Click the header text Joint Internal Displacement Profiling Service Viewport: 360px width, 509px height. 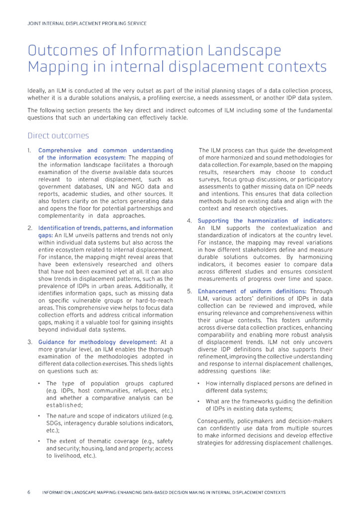[x=87, y=23]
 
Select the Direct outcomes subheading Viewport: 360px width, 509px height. [x=58, y=136]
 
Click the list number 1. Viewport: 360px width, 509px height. [x=29, y=151]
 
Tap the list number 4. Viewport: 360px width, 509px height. [x=189, y=221]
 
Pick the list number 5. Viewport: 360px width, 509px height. [x=189, y=291]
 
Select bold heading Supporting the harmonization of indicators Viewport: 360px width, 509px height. [x=265, y=221]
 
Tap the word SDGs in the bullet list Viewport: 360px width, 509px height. [x=55, y=423]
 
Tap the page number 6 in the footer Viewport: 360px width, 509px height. [x=29, y=492]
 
